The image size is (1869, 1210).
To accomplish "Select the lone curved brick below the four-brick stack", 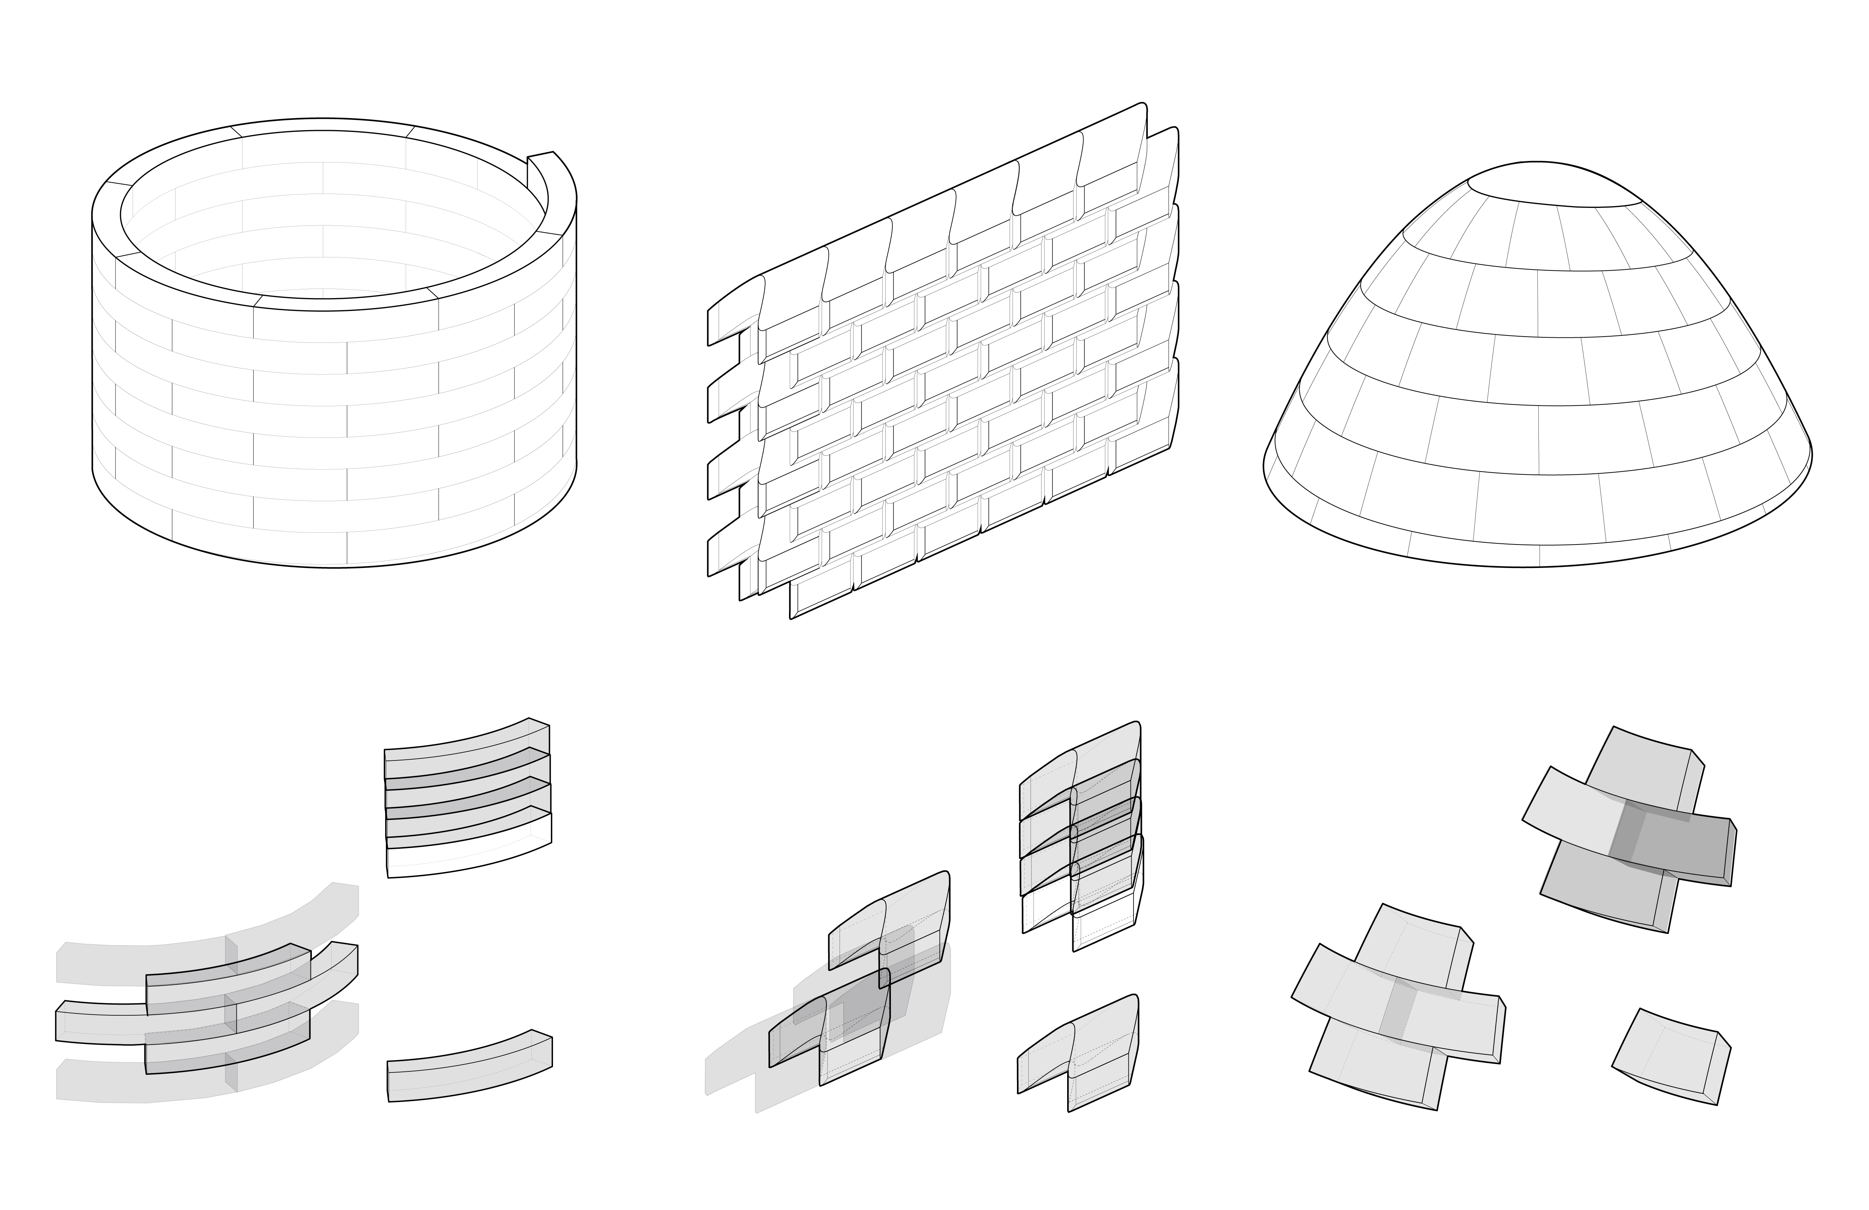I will (x=469, y=1067).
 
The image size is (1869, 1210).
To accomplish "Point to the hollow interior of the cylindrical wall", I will (x=330, y=220).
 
